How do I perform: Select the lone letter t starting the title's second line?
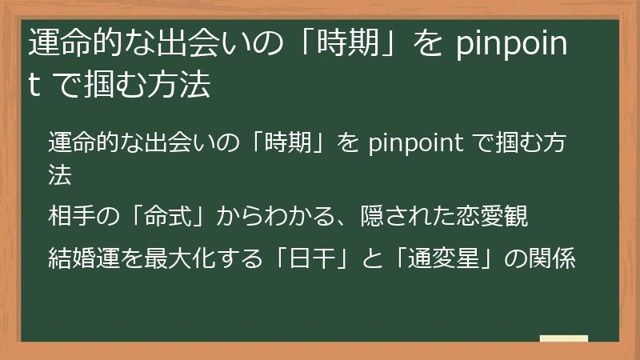34,86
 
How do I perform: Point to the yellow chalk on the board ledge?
563,338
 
